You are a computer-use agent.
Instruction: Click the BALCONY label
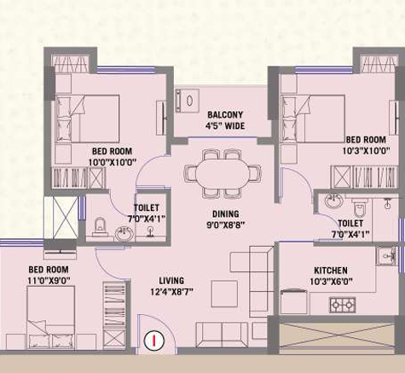coord(225,115)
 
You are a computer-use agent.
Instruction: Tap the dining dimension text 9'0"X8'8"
coord(226,225)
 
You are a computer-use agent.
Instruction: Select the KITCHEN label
coord(331,271)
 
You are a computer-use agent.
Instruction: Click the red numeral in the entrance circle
coord(154,341)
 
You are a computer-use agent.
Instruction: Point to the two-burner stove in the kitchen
coord(343,305)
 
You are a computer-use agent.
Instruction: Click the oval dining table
coord(223,172)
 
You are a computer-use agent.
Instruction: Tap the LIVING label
coord(171,281)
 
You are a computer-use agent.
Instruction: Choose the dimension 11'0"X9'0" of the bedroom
coord(49,281)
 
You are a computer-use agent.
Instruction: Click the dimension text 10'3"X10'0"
coord(366,151)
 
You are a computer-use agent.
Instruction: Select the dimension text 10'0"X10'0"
coord(113,162)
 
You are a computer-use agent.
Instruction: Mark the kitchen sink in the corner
coord(387,256)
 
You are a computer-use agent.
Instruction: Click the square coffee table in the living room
coord(224,294)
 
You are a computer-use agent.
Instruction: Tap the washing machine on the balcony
coord(188,101)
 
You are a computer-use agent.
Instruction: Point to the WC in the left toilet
coord(99,226)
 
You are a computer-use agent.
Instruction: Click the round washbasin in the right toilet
coord(334,201)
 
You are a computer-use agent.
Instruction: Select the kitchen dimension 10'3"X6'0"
coord(331,282)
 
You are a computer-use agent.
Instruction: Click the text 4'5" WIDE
coord(225,125)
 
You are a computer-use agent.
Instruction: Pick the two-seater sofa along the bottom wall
coord(222,335)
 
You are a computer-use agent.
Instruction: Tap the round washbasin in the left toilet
coord(124,234)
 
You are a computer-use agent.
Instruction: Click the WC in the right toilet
coord(360,208)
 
